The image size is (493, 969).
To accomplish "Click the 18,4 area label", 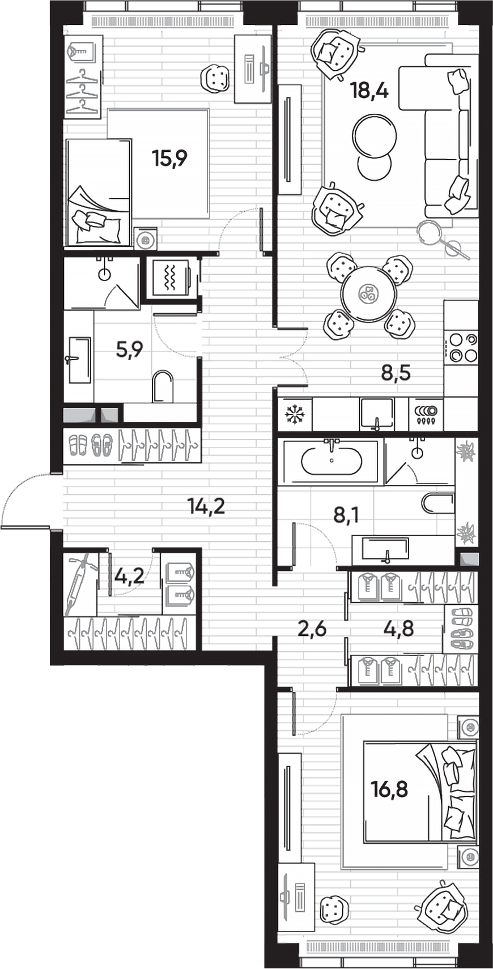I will tap(369, 90).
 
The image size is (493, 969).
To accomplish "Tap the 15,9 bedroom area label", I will tap(169, 158).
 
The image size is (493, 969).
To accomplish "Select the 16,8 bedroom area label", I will tap(389, 788).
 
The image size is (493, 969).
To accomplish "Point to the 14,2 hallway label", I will tap(206, 506).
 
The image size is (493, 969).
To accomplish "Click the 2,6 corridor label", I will tap(312, 628).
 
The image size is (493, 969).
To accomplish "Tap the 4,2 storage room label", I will tap(129, 577).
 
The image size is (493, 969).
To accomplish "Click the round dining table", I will tap(369, 293).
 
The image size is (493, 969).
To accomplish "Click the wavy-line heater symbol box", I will tap(171, 278).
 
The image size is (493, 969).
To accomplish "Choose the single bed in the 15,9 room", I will tap(99, 193).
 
